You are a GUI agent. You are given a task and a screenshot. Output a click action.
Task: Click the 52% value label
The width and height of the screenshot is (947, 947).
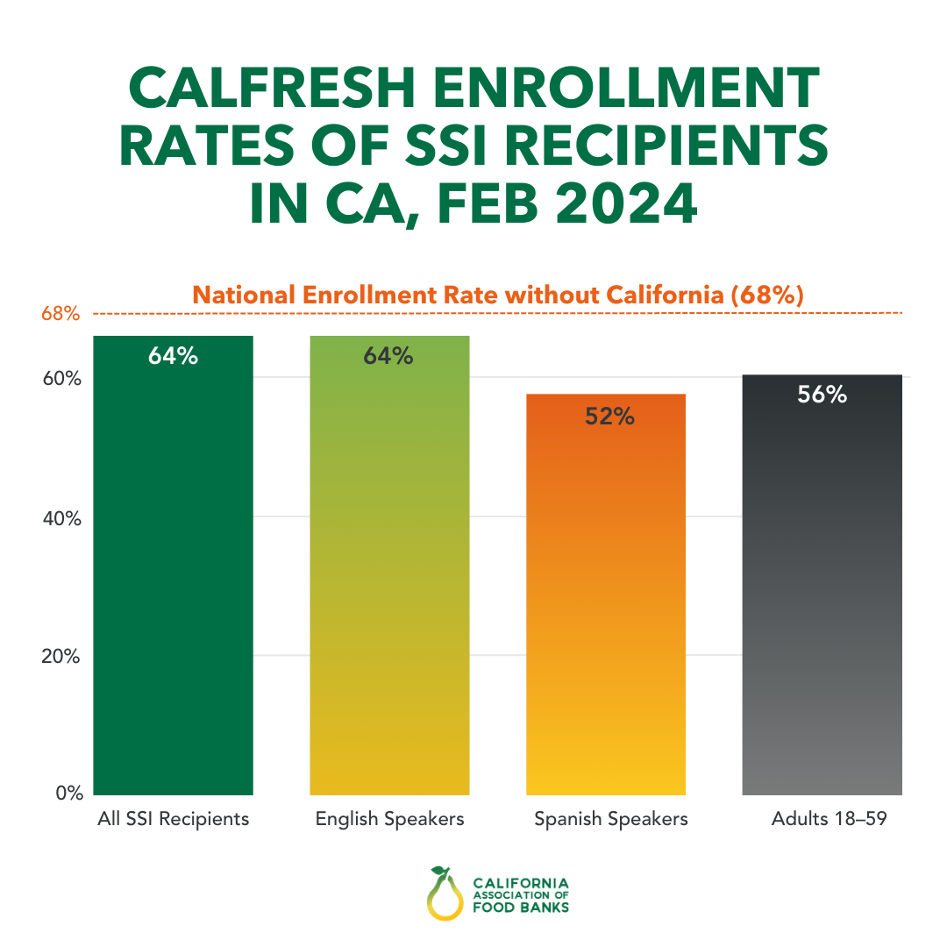point(609,417)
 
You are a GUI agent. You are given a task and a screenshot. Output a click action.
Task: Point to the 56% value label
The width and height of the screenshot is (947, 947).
point(822,395)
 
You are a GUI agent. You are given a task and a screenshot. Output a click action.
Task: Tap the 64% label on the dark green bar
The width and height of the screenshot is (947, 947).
point(173,357)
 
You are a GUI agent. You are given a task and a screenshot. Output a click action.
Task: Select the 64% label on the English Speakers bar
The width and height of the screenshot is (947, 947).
point(389,357)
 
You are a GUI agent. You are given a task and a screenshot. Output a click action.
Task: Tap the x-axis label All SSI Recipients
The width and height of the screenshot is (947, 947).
point(173,819)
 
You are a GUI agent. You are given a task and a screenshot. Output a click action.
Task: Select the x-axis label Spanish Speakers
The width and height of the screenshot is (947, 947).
point(610,819)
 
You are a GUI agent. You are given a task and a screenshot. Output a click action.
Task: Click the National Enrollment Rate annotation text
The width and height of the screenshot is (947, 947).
point(497,295)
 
